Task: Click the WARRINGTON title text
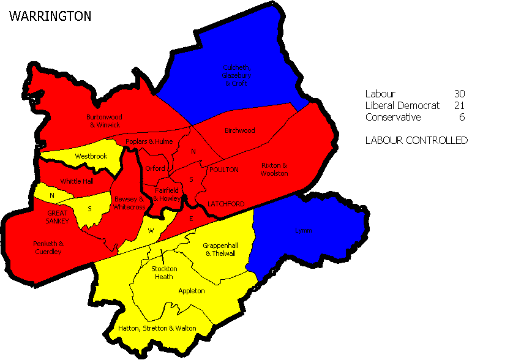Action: pyautogui.click(x=50, y=17)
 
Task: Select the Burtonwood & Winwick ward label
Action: pyautogui.click(x=103, y=121)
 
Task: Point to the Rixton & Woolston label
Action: pyautogui.click(x=274, y=170)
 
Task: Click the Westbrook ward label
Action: pyautogui.click(x=91, y=156)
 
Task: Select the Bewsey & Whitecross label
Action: pyautogui.click(x=129, y=203)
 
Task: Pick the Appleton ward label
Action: pyautogui.click(x=191, y=291)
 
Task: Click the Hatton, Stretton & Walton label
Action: pyautogui.click(x=157, y=328)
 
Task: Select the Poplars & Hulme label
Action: pyautogui.click(x=144, y=141)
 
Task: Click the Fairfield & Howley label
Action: pyautogui.click(x=167, y=195)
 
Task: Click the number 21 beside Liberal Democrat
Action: pyautogui.click(x=460, y=105)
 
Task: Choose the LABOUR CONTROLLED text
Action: pyautogui.click(x=416, y=140)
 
